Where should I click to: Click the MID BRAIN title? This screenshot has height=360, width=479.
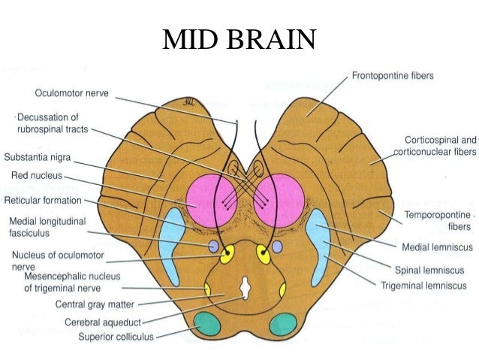pos(239,38)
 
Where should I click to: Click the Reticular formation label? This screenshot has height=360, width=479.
pos(44,201)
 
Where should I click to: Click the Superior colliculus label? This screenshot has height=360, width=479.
pos(116,337)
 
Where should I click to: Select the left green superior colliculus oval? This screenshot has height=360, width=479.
pos(208,325)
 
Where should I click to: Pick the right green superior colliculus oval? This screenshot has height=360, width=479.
pos(282,325)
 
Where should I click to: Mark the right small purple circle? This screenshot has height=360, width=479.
pos(277,247)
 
